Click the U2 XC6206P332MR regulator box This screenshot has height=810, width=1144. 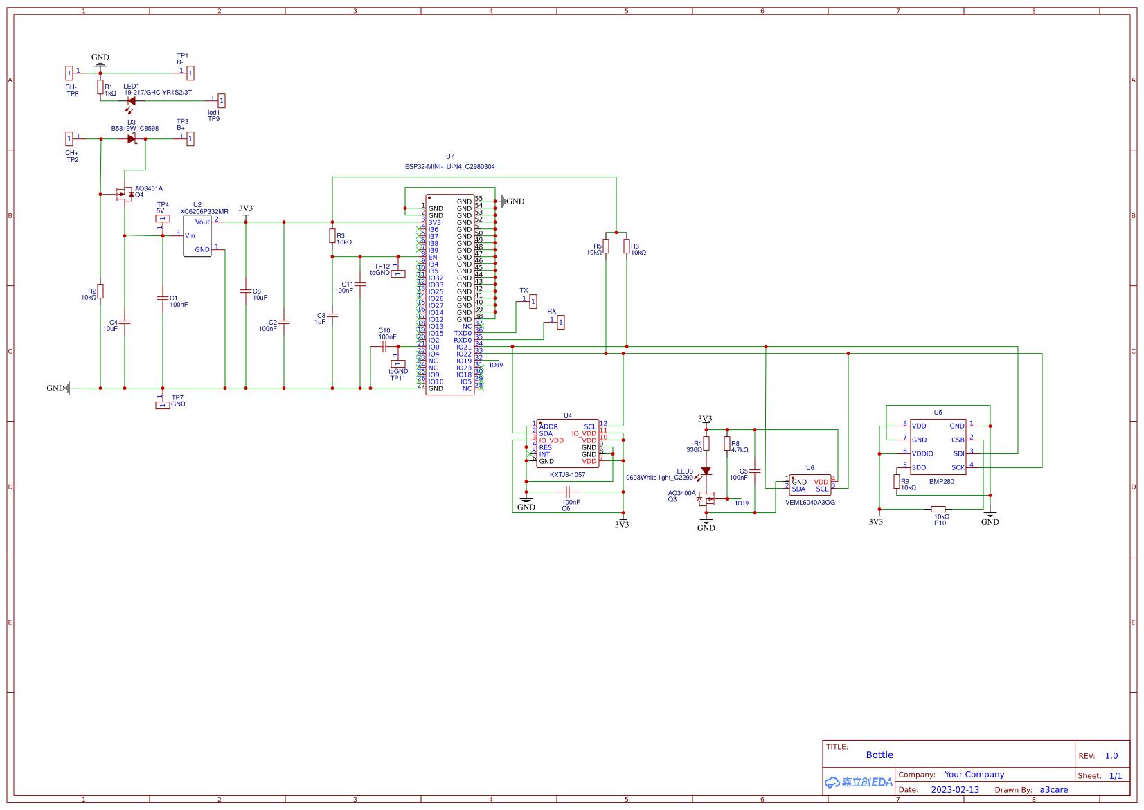tap(197, 236)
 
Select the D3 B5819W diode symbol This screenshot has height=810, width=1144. tap(132, 139)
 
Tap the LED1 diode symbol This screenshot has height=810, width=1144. tap(131, 101)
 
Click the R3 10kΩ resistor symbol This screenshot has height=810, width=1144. tap(332, 236)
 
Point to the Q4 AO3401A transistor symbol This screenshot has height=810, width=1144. tap(125, 194)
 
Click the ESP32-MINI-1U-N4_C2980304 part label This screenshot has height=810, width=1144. tap(449, 167)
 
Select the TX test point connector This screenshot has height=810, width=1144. tap(533, 302)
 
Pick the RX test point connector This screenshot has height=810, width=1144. tap(560, 322)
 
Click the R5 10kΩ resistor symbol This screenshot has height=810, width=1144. tap(606, 246)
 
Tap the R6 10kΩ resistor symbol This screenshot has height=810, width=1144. tap(626, 246)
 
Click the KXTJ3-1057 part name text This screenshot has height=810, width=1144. tap(567, 475)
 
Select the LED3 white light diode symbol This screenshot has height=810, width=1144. tap(706, 471)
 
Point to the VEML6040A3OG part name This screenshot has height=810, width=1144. tap(810, 503)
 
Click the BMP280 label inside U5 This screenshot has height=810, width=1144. tap(941, 482)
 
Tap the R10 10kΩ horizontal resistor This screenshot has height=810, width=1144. tap(938, 509)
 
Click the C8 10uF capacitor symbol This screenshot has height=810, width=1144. tap(246, 291)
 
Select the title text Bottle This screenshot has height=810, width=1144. tap(879, 755)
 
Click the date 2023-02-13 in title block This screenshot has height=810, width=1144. tap(954, 790)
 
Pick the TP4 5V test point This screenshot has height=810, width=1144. tap(163, 219)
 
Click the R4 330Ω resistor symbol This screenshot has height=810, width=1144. tap(706, 444)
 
